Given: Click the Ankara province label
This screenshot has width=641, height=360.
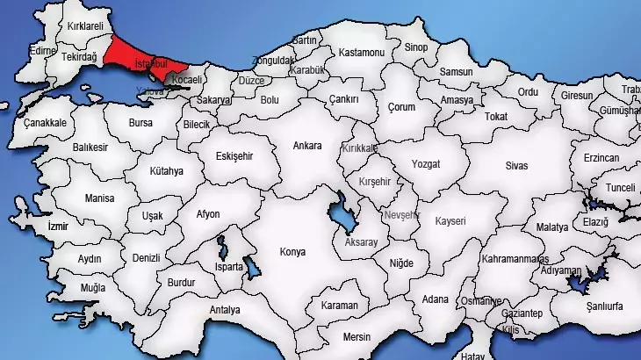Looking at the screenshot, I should tap(307, 146).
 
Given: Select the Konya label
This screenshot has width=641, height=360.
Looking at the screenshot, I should tap(292, 252).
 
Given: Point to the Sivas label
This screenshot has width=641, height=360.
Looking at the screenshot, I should tap(518, 164).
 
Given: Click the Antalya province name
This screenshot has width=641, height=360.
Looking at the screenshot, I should tap(225, 310).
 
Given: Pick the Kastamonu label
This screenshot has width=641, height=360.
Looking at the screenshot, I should tap(362, 53).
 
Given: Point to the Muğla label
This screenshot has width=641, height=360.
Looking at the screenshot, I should tap(93, 288).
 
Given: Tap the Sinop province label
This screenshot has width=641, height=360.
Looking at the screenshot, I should tap(416, 48).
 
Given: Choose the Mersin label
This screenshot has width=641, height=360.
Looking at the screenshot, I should tap(357, 336).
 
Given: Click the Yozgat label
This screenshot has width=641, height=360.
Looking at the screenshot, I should tap(426, 163).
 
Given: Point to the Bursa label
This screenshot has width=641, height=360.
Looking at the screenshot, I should tap(140, 124).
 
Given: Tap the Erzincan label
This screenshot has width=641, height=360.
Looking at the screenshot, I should tap(601, 157).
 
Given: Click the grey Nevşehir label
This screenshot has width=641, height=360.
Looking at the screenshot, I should tap(402, 215).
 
